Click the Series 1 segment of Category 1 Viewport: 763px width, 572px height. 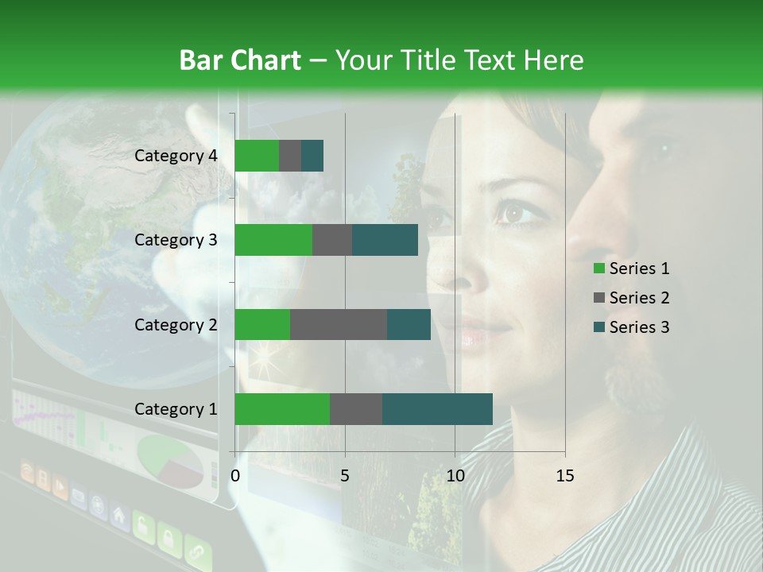pos(282,409)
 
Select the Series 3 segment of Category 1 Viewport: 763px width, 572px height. pos(437,409)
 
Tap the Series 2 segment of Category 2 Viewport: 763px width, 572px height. pos(339,324)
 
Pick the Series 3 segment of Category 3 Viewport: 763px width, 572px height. pos(385,240)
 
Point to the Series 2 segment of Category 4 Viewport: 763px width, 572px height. pos(290,156)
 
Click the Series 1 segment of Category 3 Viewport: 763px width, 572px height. pos(273,240)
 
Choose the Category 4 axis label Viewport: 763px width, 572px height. pos(176,156)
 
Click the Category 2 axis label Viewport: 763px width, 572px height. pos(176,324)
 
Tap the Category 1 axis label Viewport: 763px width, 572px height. pos(176,409)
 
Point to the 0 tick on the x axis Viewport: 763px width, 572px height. pos(235,476)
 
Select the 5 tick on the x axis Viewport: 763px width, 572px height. pos(345,476)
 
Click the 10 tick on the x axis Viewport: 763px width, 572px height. pos(455,476)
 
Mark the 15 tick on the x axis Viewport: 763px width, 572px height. pos(565,476)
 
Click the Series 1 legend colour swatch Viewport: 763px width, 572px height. pos(598,269)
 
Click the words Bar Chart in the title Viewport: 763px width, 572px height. pos(240,60)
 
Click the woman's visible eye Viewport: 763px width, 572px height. pos(510,213)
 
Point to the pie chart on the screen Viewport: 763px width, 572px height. pos(170,461)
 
